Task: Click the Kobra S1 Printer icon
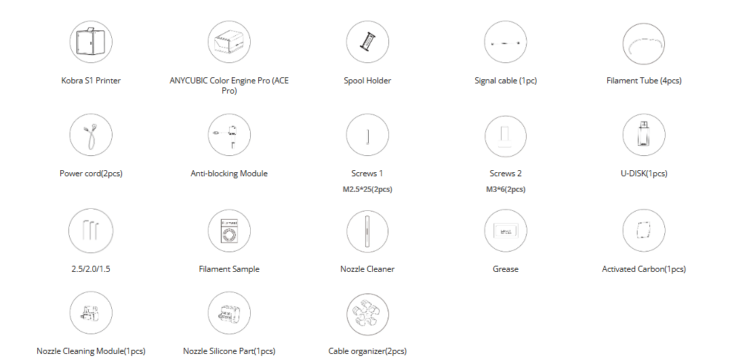(x=91, y=42)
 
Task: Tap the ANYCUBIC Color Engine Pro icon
(x=229, y=42)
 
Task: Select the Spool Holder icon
(x=367, y=42)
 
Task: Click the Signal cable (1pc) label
(x=506, y=81)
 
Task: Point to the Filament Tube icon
(x=644, y=42)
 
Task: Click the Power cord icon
(x=91, y=135)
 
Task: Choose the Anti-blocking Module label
(x=229, y=174)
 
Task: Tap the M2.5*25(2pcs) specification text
(x=367, y=189)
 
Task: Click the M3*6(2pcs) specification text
(x=506, y=189)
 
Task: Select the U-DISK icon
(x=644, y=135)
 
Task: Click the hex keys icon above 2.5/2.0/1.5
(x=91, y=231)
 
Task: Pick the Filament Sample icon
(x=229, y=231)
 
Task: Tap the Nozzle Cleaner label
(x=367, y=269)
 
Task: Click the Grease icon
(x=506, y=231)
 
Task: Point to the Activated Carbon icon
(x=644, y=231)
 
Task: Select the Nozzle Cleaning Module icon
(x=91, y=313)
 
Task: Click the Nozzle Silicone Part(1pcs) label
(x=229, y=351)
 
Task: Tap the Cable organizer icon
(x=367, y=313)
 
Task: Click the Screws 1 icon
(x=367, y=135)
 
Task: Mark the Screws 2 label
(x=506, y=174)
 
